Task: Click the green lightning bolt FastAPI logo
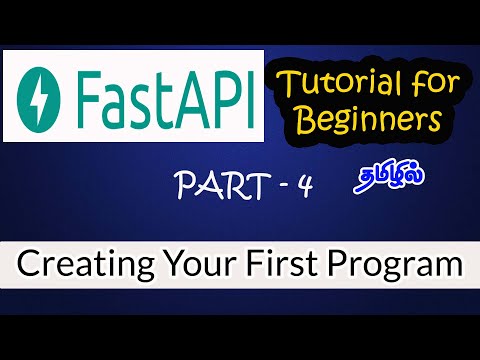47,94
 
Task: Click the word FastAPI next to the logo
165,95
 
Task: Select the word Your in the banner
191,266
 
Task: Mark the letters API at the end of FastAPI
210,95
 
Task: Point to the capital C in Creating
28,266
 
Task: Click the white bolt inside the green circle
47,94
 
